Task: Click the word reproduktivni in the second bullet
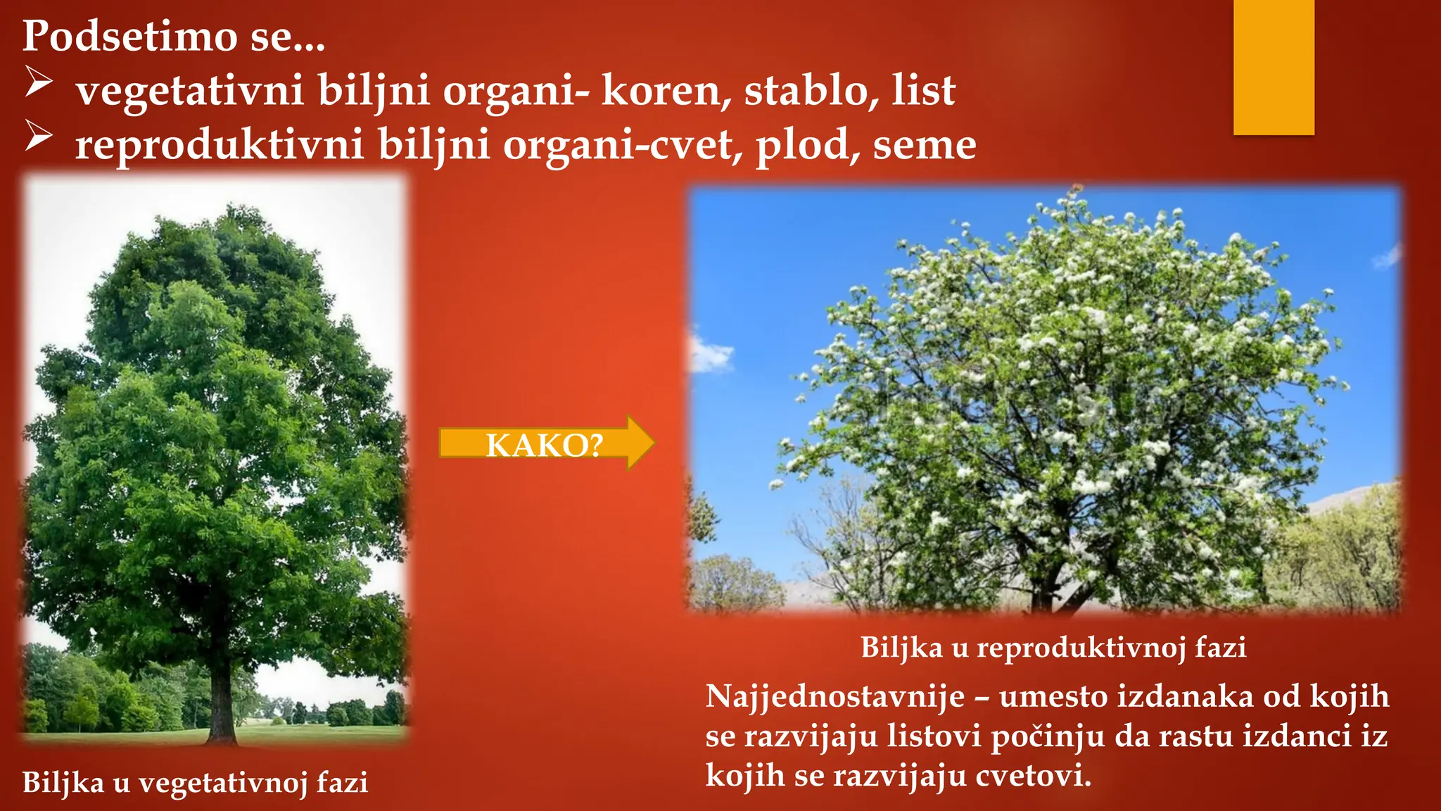pos(220,145)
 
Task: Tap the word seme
pos(925,146)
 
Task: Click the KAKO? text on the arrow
pos(544,445)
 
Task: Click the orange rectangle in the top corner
pos(1274,67)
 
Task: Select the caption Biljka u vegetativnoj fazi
pos(195,782)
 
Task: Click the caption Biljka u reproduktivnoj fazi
pos(1053,647)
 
